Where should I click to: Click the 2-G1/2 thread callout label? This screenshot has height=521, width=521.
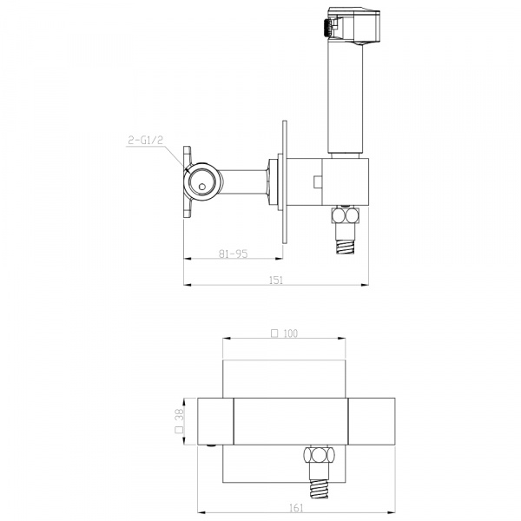tap(146, 140)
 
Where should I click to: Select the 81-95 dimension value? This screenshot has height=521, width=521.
tap(234, 254)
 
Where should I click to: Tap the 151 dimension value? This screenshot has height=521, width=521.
tap(276, 280)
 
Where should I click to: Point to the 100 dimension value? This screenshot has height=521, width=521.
tap(291, 333)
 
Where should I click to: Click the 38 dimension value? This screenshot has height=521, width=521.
tap(179, 415)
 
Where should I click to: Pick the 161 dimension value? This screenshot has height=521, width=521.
tap(296, 508)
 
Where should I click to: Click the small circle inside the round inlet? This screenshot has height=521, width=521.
tap(202, 187)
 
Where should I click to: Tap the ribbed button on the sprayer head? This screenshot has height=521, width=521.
tap(326, 28)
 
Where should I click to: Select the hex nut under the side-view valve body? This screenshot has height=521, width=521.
tap(346, 215)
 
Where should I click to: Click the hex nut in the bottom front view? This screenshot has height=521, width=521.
tap(319, 454)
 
